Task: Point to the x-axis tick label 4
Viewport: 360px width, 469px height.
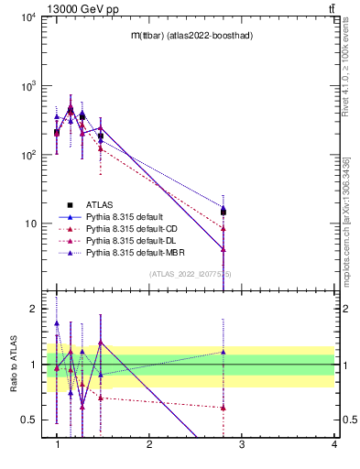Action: (x=334, y=444)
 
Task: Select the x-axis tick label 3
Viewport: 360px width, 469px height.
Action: (x=242, y=444)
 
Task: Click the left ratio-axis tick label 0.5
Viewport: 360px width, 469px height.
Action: (x=30, y=420)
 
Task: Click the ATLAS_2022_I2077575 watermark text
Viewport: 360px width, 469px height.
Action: (x=191, y=273)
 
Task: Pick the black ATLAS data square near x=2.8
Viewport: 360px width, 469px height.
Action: (x=224, y=212)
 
